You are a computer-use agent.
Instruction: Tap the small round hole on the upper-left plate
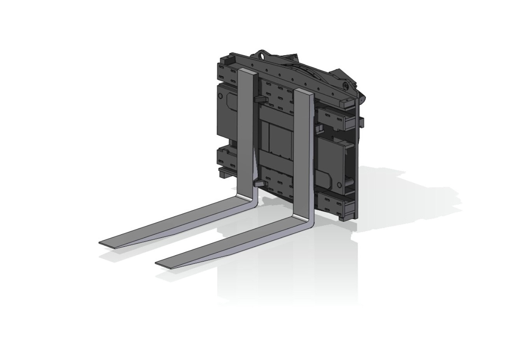tap(220, 95)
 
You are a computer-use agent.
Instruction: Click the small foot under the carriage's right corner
tap(343, 218)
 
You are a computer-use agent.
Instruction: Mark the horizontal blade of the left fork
tap(175, 222)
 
